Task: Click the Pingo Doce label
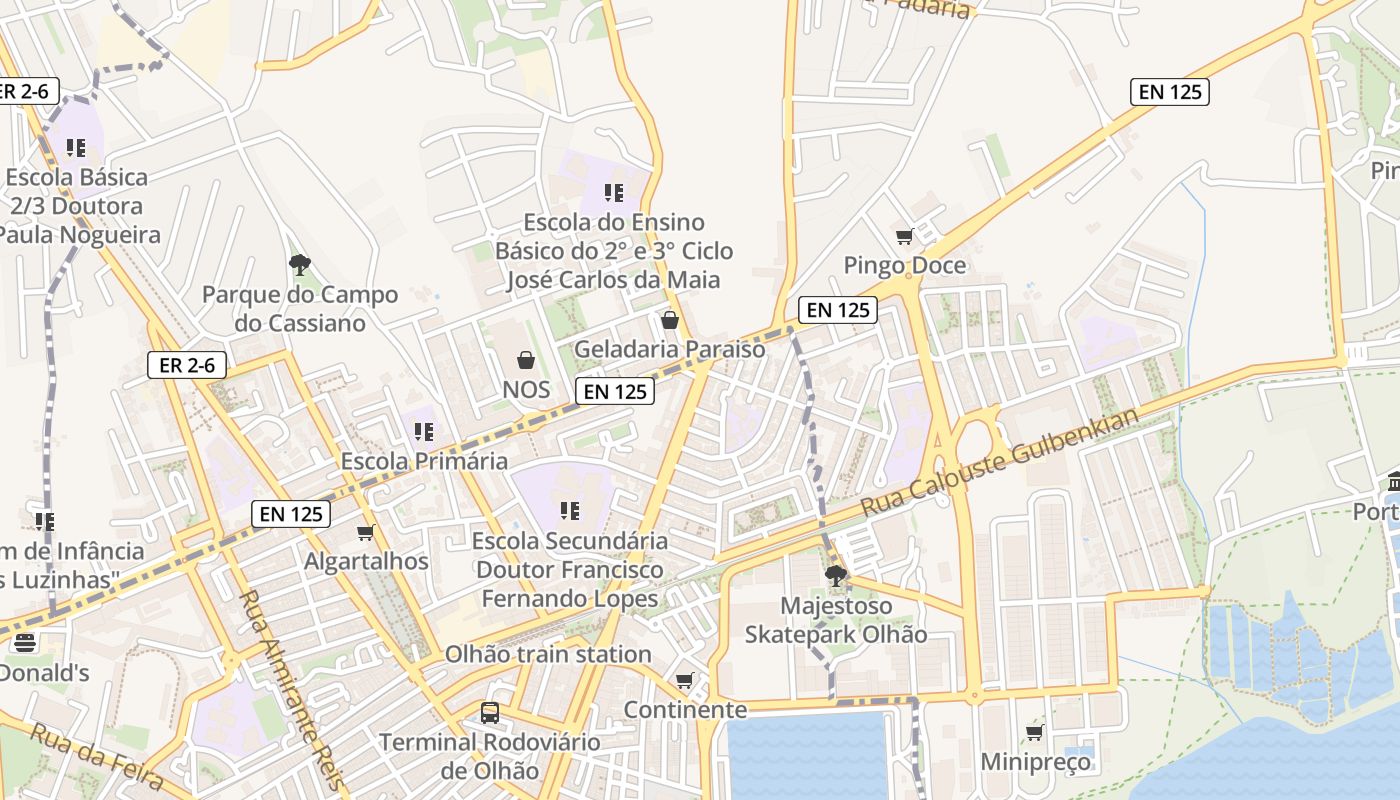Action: click(905, 265)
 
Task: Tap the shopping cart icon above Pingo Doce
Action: click(905, 237)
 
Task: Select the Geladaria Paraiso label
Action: click(669, 349)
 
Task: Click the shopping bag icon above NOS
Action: click(525, 360)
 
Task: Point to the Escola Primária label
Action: click(424, 461)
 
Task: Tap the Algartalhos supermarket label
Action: click(366, 561)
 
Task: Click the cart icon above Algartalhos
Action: click(366, 533)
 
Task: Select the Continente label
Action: click(685, 709)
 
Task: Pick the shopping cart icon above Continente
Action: click(685, 681)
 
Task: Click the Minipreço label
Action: click(1035, 762)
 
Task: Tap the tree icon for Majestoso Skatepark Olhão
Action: click(835, 576)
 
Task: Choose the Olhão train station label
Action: click(548, 654)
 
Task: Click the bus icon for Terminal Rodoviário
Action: click(490, 713)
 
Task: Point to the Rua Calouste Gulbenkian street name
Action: click(999, 462)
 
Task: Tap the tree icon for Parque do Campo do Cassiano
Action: click(299, 265)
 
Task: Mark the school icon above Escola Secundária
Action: click(570, 511)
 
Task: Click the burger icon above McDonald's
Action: click(25, 642)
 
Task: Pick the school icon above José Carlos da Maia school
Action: click(613, 192)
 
